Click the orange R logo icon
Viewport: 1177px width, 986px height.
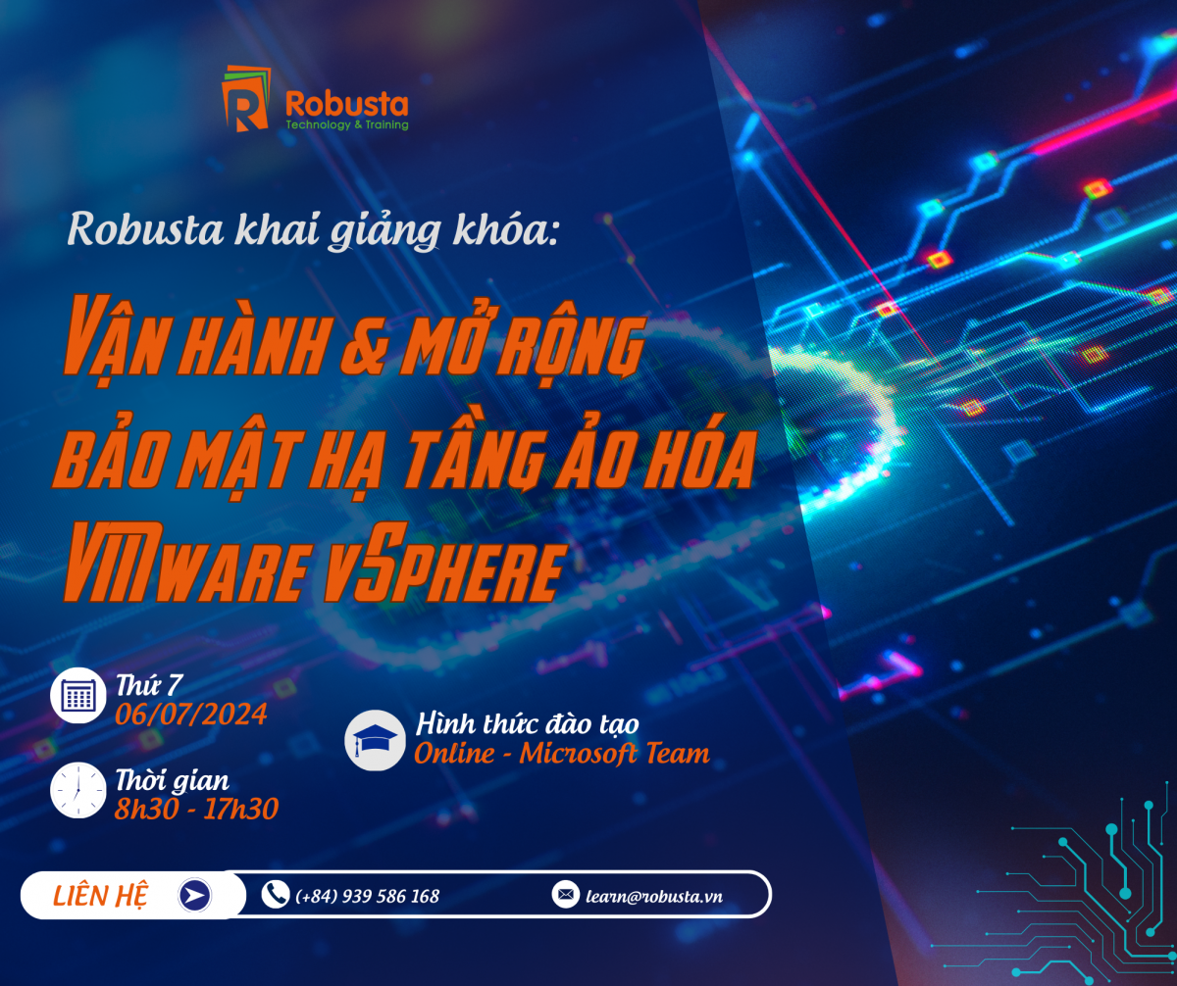pyautogui.click(x=246, y=99)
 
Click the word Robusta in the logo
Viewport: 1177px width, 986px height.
pyautogui.click(x=346, y=104)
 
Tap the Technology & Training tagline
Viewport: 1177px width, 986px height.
pyautogui.click(x=346, y=124)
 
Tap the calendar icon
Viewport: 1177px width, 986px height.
pyautogui.click(x=77, y=695)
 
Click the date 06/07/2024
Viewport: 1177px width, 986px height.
pyautogui.click(x=190, y=715)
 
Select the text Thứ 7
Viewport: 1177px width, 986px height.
pyautogui.click(x=149, y=685)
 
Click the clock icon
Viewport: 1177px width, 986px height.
pyautogui.click(x=77, y=790)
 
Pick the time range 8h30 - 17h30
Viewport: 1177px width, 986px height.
pyautogui.click(x=196, y=809)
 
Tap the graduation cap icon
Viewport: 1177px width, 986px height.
pyautogui.click(x=375, y=740)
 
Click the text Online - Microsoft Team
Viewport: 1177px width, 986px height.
pyautogui.click(x=562, y=754)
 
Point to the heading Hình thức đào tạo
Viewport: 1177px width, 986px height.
pyautogui.click(x=527, y=724)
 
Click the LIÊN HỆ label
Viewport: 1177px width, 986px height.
pyautogui.click(x=100, y=896)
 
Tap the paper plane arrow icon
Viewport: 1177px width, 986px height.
pyautogui.click(x=195, y=895)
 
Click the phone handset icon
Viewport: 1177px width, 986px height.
pyautogui.click(x=276, y=895)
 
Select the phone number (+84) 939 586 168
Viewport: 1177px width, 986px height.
pyautogui.click(x=367, y=897)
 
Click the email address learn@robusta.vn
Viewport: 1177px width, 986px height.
pyautogui.click(x=654, y=897)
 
